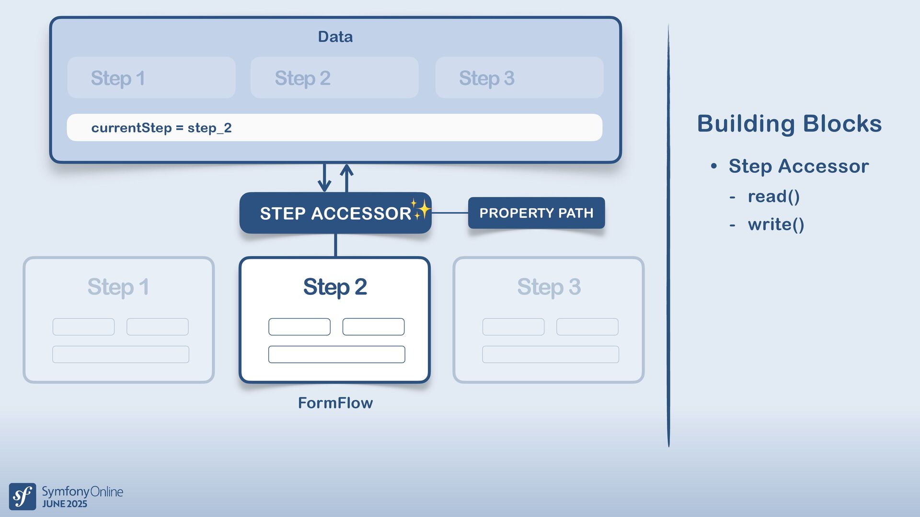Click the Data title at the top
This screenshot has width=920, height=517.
[335, 37]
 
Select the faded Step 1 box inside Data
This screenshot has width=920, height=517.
[151, 78]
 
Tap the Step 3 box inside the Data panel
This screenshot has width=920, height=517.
[519, 78]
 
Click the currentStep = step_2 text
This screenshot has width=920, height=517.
[161, 128]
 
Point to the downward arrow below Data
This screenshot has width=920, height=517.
[324, 178]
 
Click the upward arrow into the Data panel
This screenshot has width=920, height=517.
[346, 178]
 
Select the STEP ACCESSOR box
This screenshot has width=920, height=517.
[335, 213]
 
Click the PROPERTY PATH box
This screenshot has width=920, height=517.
[536, 213]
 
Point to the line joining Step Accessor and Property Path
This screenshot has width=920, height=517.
[450, 213]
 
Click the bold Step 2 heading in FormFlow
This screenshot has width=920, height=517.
[335, 287]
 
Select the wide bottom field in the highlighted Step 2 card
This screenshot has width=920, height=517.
[337, 354]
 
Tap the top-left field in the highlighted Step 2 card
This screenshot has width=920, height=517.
[299, 327]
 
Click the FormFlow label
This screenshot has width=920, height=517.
[335, 403]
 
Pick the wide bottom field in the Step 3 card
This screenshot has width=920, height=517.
[551, 354]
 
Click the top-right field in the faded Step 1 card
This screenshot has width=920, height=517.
[158, 327]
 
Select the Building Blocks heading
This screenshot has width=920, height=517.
[789, 124]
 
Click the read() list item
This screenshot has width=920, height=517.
[774, 196]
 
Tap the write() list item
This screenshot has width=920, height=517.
[776, 225]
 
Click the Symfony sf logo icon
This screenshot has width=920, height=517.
[23, 496]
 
